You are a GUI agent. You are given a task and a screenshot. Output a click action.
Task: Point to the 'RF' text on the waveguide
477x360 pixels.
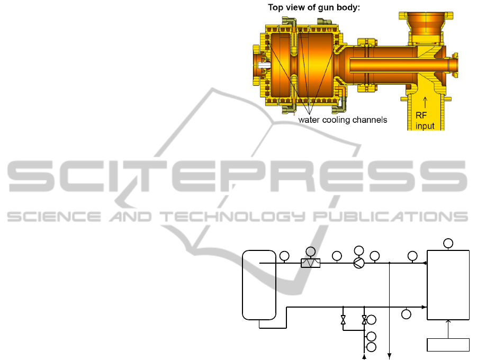pyautogui.click(x=421, y=115)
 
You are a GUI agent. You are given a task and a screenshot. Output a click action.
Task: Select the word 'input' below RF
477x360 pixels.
pyautogui.click(x=425, y=126)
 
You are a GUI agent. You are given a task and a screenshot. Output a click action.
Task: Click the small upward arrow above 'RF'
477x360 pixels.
pyautogui.click(x=425, y=102)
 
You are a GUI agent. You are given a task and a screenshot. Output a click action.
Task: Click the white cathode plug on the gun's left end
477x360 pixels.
pyautogui.click(x=264, y=65)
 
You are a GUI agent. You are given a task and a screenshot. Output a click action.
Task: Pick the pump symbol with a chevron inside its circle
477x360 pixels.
pyautogui.click(x=359, y=263)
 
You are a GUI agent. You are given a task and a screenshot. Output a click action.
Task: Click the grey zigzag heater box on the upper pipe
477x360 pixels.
pyautogui.click(x=311, y=263)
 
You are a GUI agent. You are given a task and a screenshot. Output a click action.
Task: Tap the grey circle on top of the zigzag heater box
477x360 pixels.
pyautogui.click(x=311, y=251)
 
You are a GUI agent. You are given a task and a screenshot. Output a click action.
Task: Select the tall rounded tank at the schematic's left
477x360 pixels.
pyautogui.click(x=259, y=285)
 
